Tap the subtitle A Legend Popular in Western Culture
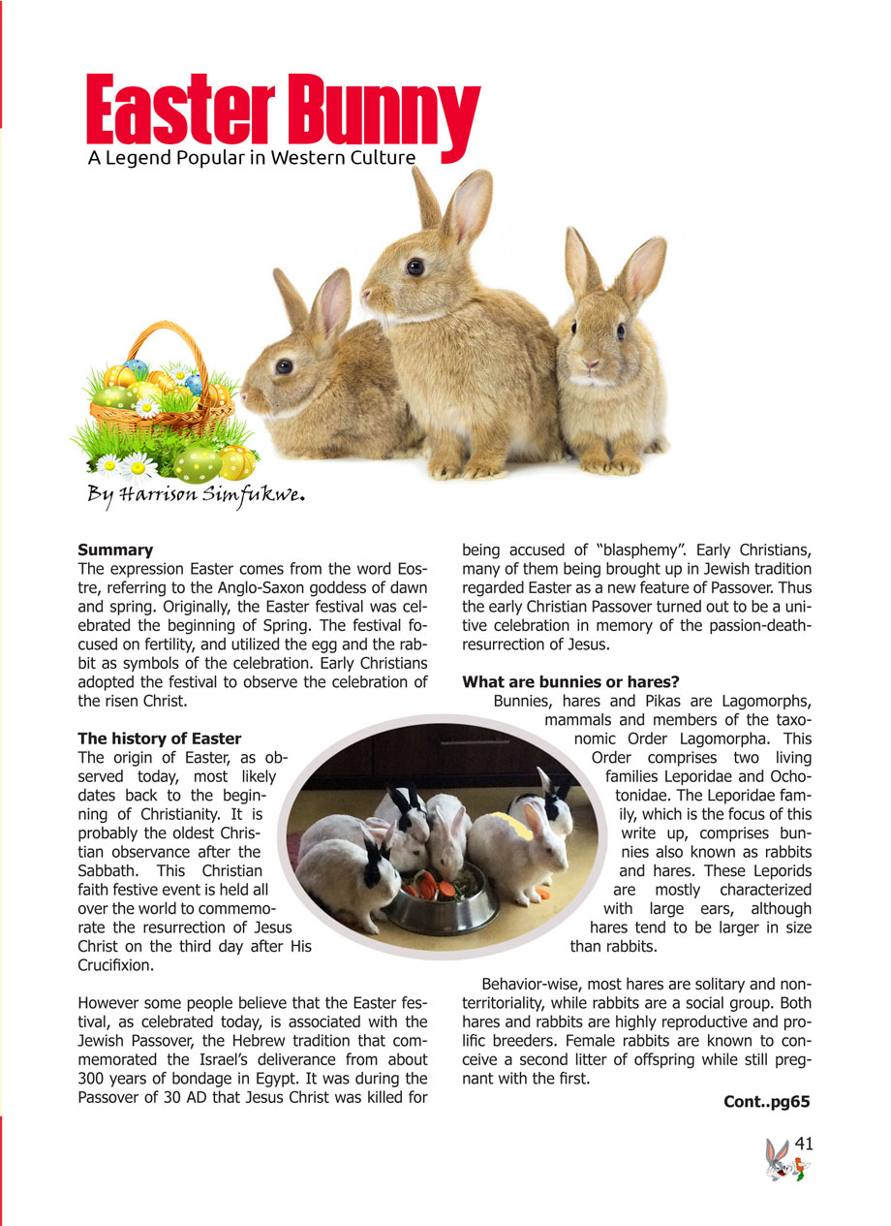pos(251,158)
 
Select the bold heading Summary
pos(115,550)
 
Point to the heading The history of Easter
pos(159,739)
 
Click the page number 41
pos(803,1145)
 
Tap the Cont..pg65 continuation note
pos(766,1101)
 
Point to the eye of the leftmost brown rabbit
pos(283,365)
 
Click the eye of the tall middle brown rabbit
pos(415,266)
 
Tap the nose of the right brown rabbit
pos(589,365)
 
